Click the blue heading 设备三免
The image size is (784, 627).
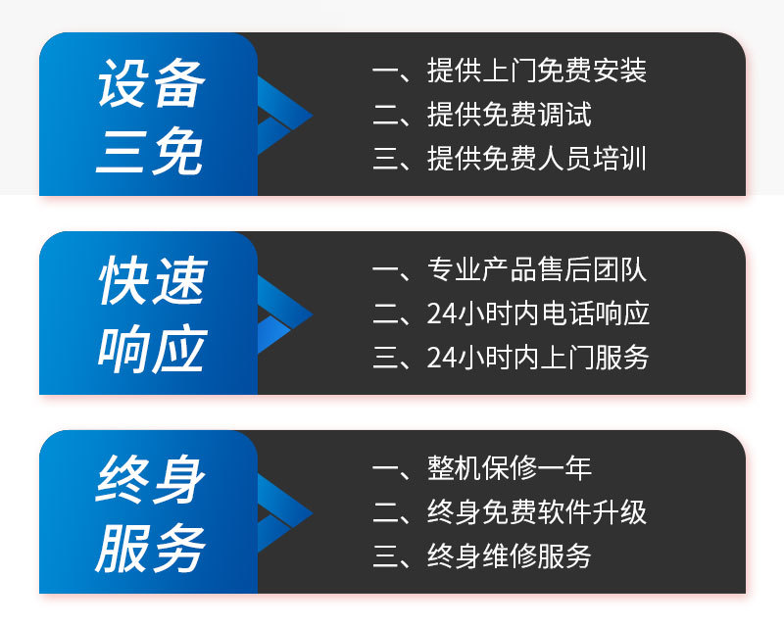point(150,116)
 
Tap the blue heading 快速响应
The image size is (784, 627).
point(150,314)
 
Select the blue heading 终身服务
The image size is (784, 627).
point(150,513)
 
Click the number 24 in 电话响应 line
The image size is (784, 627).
point(441,313)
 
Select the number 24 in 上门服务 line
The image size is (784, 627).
point(441,357)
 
